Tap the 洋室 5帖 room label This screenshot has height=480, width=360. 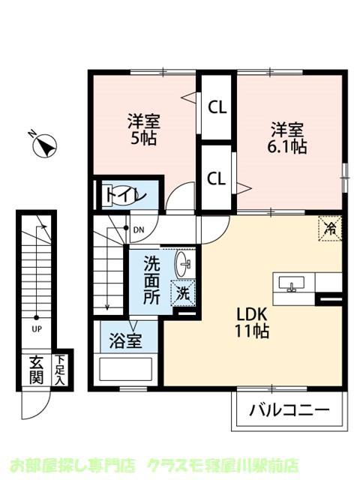142,129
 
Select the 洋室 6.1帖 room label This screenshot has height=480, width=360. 289,138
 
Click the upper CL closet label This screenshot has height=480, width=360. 217,107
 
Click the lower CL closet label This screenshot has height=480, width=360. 217,178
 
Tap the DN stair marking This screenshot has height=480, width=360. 139,229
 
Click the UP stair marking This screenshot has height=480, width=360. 36,328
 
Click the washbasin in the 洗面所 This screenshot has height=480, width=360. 183,263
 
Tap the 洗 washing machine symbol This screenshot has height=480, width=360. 181,293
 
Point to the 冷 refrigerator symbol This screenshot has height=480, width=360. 329,226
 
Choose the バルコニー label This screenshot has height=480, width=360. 289,411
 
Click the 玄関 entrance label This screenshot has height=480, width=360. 36,369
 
